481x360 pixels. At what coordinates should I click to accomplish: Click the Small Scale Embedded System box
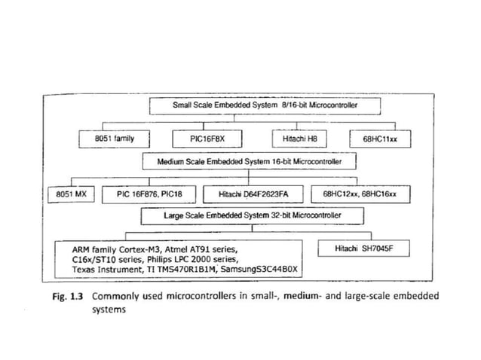pos(265,106)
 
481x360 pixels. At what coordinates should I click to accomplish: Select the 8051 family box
pos(114,139)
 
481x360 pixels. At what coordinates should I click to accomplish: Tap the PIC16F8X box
pos(203,139)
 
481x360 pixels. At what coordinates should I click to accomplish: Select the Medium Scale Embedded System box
pos(250,161)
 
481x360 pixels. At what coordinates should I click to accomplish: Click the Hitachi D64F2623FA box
pos(254,194)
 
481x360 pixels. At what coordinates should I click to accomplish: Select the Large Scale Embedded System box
pos(252,215)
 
